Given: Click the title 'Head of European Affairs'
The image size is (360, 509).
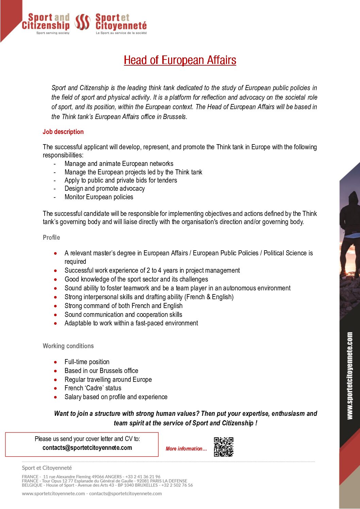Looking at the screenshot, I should [180, 60].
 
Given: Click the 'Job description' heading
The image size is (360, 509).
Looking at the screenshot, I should [63, 132].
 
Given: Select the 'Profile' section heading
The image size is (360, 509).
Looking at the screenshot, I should [51, 237].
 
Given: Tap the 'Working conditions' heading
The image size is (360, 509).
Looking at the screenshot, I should [68, 346].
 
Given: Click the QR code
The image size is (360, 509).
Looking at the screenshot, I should [224, 447].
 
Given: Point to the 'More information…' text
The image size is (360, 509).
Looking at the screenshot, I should [186, 449].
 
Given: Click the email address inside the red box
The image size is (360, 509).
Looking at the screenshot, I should [87, 448].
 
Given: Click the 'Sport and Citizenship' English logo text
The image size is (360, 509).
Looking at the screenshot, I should [46, 22].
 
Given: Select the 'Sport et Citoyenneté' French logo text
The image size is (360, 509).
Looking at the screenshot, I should [121, 22].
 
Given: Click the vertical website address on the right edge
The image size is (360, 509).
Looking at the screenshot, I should [350, 376].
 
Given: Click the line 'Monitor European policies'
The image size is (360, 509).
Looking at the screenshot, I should [99, 197].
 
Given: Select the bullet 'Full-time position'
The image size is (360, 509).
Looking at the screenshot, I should [87, 362].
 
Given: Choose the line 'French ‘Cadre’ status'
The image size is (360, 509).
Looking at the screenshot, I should [93, 388].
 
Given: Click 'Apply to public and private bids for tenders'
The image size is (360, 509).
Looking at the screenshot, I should [120, 180].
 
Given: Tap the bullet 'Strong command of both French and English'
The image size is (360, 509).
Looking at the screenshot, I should [123, 306].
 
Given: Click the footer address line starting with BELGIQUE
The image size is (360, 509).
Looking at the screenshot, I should [107, 485].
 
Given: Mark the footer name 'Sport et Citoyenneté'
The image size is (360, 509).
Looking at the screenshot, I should [47, 468].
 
